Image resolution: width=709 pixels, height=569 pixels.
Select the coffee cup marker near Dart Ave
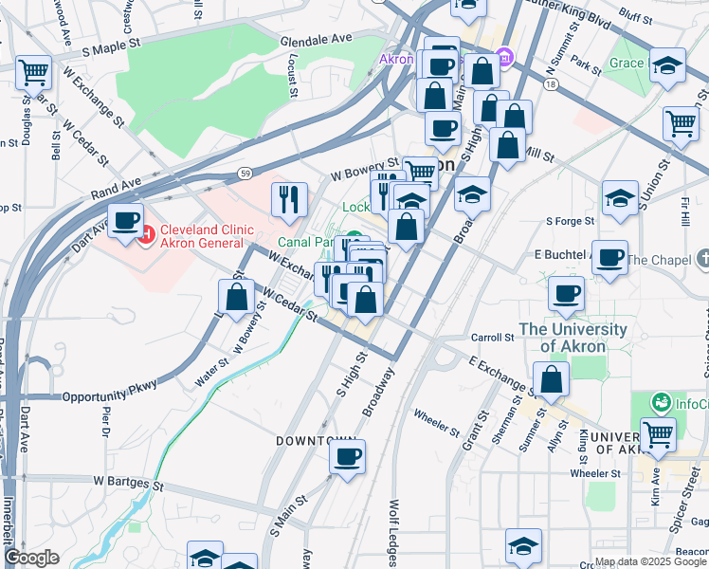click(124, 221)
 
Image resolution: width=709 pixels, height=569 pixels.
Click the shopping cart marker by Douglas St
click(33, 71)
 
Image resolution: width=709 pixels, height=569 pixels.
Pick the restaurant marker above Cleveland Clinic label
click(289, 198)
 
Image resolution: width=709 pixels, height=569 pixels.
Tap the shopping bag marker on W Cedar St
click(237, 297)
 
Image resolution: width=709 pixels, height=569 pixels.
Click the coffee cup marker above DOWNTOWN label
click(347, 457)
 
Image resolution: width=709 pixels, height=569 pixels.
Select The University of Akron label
click(573, 338)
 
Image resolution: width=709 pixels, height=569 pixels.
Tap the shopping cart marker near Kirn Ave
click(658, 435)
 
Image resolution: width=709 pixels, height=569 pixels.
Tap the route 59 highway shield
click(245, 173)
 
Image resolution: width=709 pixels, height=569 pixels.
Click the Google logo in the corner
click(31, 558)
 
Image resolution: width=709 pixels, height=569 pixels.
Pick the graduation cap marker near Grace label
click(667, 65)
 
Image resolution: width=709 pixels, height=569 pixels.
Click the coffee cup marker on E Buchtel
click(610, 255)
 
